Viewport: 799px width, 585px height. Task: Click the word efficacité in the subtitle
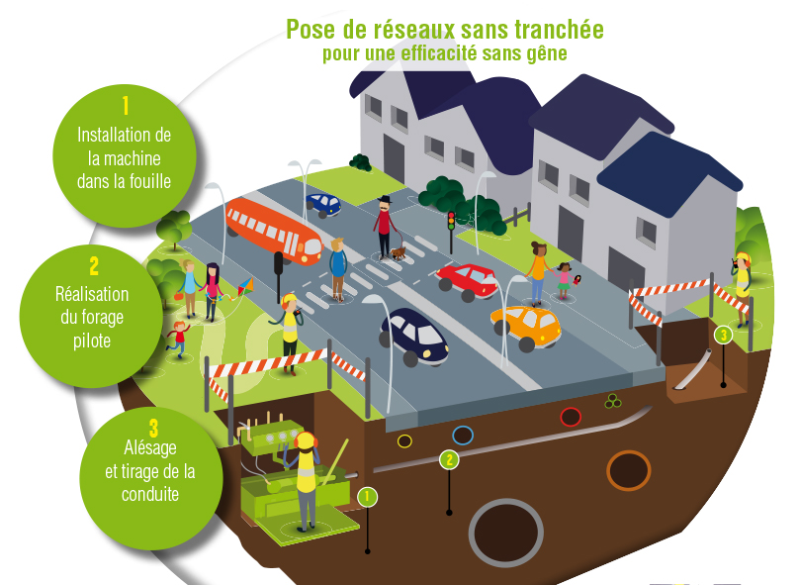click(x=420, y=53)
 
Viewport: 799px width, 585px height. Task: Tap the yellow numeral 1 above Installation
click(x=126, y=105)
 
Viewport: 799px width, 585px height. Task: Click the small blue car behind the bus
click(x=323, y=204)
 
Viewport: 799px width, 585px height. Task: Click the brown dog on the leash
click(x=398, y=253)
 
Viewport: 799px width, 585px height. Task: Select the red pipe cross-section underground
click(x=571, y=417)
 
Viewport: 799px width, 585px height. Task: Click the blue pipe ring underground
click(x=462, y=435)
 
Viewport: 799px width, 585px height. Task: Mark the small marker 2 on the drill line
click(x=450, y=459)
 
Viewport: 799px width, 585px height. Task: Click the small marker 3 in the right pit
click(x=724, y=335)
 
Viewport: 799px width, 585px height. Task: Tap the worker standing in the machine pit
click(x=307, y=475)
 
